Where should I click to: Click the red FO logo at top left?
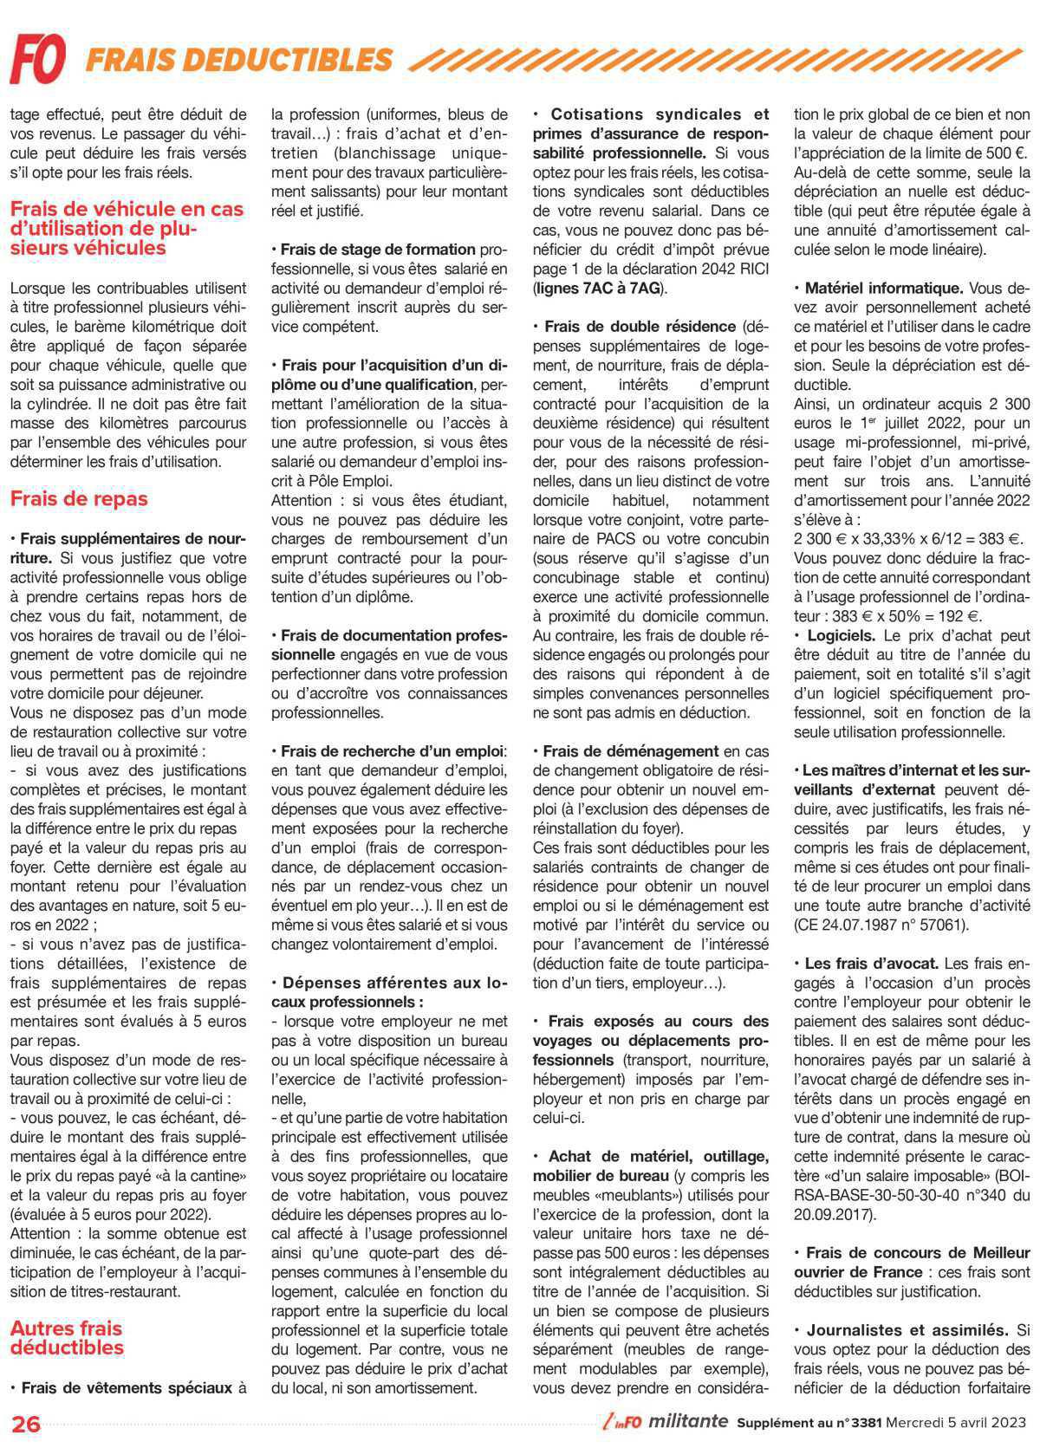click(38, 59)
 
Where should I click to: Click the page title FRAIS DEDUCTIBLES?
click(239, 60)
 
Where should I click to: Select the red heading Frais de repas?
click(79, 498)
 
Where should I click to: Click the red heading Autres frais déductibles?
click(67, 1337)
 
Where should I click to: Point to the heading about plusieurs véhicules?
click(127, 228)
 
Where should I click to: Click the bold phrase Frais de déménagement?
click(631, 751)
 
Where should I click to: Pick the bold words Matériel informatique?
click(884, 288)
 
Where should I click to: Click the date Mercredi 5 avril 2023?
click(959, 1423)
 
